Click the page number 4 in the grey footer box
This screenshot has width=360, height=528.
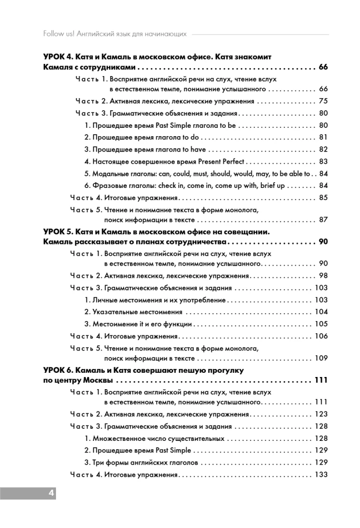click(51, 493)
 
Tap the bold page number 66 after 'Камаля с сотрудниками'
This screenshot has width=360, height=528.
click(323, 68)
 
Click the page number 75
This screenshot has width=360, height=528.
click(324, 101)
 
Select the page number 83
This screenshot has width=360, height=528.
click(324, 162)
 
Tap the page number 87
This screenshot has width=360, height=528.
click(324, 220)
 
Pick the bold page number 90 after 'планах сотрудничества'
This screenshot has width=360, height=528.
click(323, 242)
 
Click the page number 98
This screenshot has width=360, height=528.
click(324, 276)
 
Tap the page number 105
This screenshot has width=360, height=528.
click(321, 324)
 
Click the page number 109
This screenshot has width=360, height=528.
click(321, 359)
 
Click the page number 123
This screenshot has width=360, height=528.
click(321, 414)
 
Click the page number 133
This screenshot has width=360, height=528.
click(321, 475)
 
